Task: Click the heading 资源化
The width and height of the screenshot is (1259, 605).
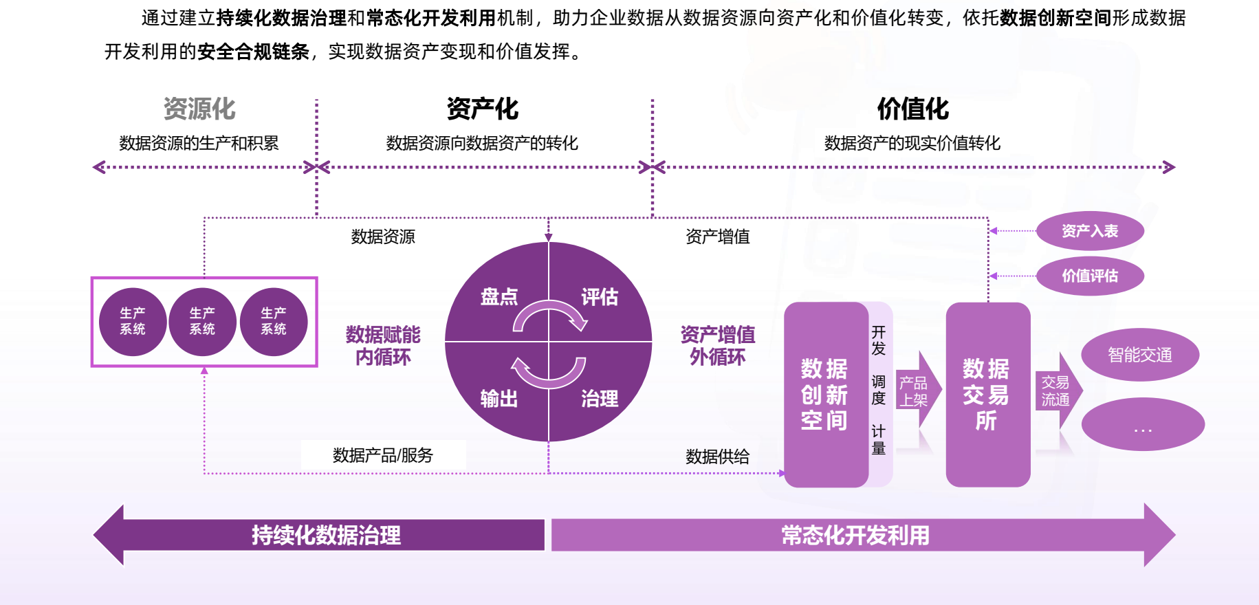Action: click(199, 109)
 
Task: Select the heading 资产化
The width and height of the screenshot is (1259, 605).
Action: click(482, 109)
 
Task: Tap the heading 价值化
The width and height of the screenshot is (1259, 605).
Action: click(912, 109)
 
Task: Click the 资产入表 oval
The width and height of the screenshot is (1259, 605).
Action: click(1090, 231)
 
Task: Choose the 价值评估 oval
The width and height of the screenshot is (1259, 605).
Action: click(1090, 276)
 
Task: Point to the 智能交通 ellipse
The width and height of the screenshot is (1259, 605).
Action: click(1139, 355)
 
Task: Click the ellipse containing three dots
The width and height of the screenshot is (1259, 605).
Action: click(1142, 425)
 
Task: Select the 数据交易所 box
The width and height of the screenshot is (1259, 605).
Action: click(987, 395)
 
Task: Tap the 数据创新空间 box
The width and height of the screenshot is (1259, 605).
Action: click(826, 395)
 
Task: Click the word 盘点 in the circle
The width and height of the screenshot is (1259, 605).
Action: click(499, 297)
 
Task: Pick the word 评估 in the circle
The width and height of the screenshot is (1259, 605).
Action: click(600, 297)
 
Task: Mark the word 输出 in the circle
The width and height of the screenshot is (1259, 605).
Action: click(499, 399)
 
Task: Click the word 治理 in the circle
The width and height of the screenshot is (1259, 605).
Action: click(600, 399)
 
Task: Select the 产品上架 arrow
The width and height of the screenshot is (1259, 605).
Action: click(917, 391)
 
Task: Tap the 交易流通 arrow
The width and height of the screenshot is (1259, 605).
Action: click(1058, 391)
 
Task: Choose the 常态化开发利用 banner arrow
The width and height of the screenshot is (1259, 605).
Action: click(855, 535)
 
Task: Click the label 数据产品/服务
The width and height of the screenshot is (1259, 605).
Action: click(383, 455)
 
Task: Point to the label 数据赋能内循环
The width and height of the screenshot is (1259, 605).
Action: click(383, 346)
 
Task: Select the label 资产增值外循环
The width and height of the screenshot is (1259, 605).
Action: click(717, 346)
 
